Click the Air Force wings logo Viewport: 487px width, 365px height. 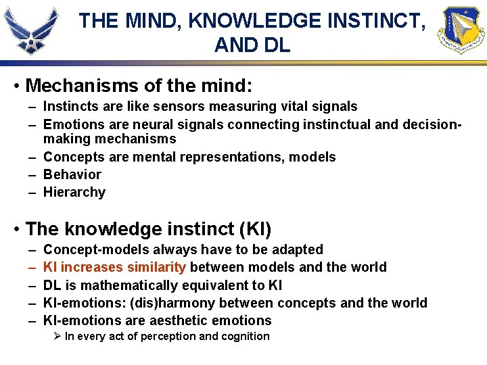coord(33,28)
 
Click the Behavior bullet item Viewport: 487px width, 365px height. coord(72,174)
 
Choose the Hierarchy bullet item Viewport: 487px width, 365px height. coord(74,192)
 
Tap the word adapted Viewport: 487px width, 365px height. coord(297,250)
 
